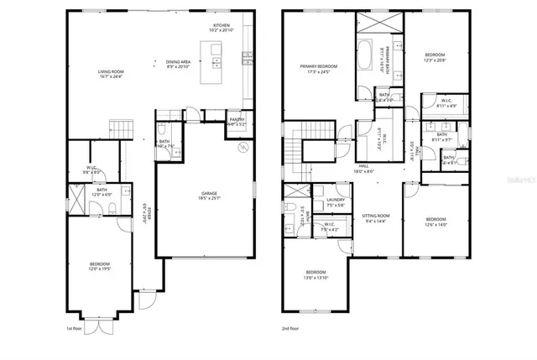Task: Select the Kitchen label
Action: [221, 25]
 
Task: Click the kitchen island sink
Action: [216, 61]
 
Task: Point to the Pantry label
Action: [237, 121]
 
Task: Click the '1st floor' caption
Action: [74, 329]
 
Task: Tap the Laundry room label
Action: [336, 200]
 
